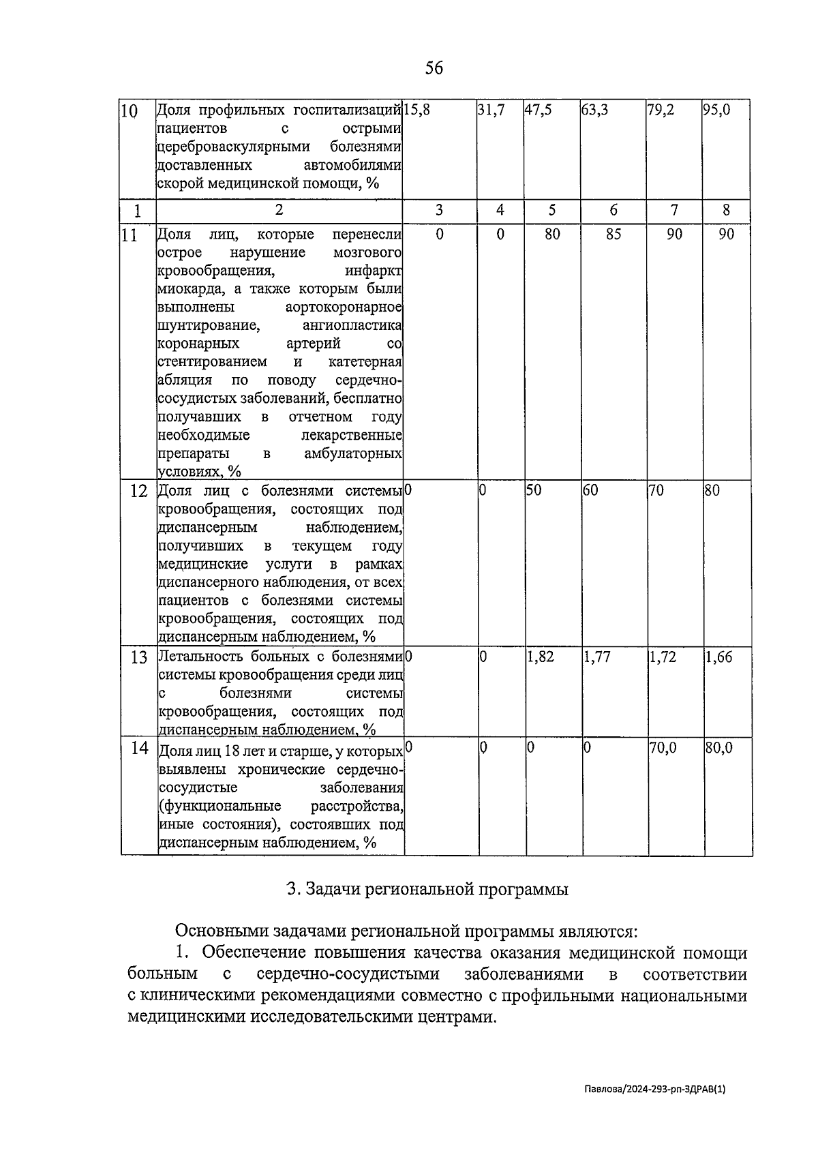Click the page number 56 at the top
434,68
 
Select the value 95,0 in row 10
716,110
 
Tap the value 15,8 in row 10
416,110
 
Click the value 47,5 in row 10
538,110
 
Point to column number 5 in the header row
551,210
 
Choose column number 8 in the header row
727,210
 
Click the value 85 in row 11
613,235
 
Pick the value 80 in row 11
552,235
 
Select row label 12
138,492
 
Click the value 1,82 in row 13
541,658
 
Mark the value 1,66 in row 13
718,658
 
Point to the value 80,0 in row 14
718,748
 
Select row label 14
139,749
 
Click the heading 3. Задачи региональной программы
427,890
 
